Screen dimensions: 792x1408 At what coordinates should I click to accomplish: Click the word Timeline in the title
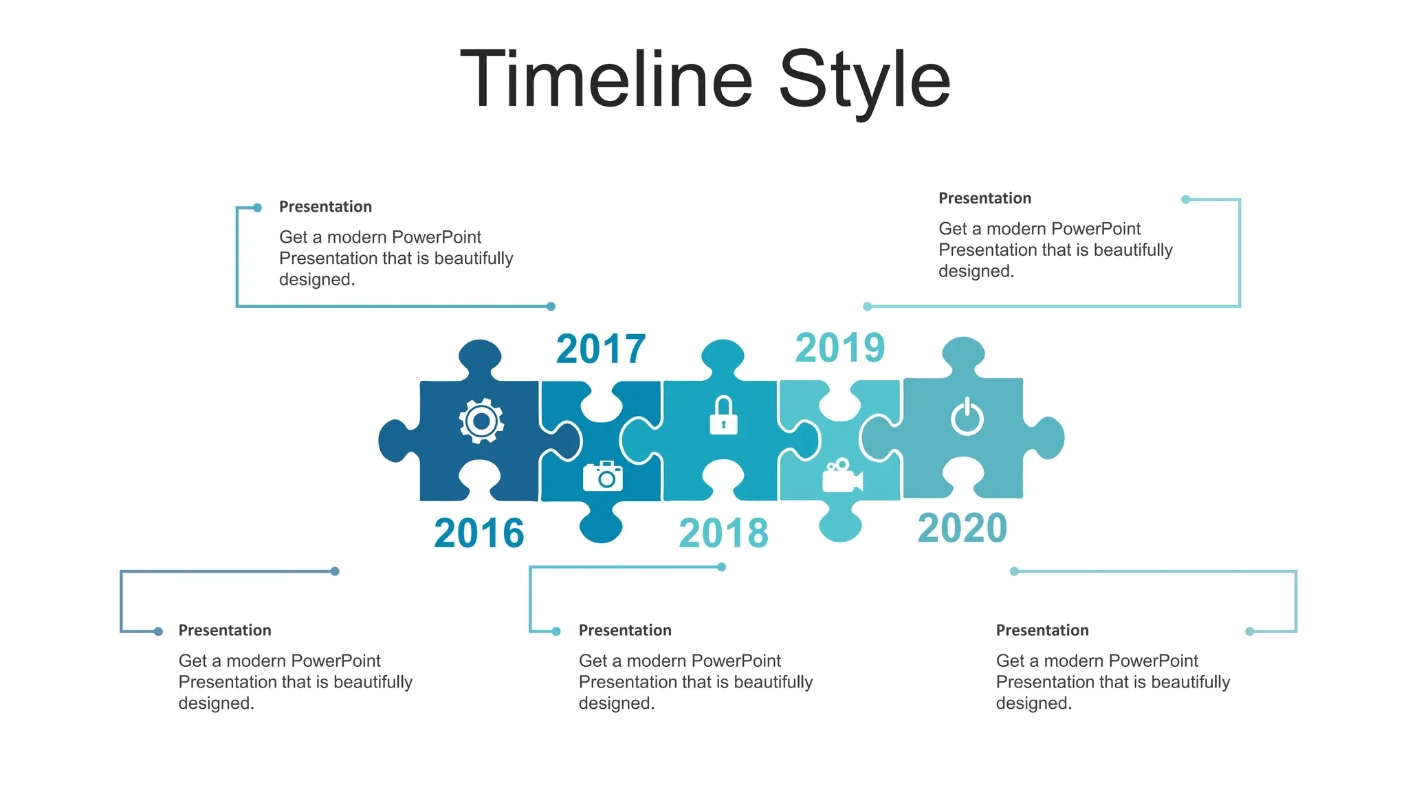coord(606,80)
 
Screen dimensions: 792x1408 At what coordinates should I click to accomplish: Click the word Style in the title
coord(864,81)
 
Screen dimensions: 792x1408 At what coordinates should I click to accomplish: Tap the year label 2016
coord(479,533)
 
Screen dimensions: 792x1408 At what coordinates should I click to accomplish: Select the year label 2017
coord(601,349)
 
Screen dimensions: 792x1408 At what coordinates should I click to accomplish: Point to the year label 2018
coord(723,533)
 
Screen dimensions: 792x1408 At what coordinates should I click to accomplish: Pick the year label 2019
coord(840,347)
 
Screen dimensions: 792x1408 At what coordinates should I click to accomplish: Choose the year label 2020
coord(962,528)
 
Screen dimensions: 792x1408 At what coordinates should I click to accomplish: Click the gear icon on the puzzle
coord(481,420)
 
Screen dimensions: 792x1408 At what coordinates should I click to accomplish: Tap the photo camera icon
coord(603,476)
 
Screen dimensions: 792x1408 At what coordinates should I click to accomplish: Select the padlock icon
coord(723,415)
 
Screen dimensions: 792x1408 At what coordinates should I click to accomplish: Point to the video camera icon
coord(842,476)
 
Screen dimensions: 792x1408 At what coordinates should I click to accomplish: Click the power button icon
coord(967,417)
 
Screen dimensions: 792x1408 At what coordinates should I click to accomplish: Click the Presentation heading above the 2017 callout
coord(325,207)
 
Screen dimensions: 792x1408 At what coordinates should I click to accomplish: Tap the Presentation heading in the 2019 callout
coord(984,199)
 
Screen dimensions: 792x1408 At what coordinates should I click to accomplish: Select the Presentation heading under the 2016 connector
coord(225,630)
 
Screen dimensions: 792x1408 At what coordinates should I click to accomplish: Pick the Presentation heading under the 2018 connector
coord(625,630)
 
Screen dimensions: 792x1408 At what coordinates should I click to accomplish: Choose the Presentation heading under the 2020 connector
coord(1042,630)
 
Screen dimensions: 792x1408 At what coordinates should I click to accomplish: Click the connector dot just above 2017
coord(551,307)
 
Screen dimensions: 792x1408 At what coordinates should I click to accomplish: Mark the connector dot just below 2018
coord(721,567)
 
